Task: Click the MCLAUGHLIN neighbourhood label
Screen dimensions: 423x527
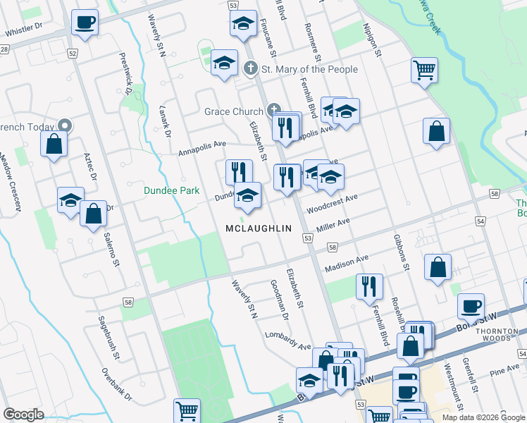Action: pos(259,228)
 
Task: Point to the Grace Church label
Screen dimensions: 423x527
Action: pos(233,111)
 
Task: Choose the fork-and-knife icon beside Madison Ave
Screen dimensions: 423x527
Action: pos(368,286)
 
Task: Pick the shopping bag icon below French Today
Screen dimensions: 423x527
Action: pos(54,145)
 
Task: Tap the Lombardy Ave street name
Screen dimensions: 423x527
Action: pos(288,341)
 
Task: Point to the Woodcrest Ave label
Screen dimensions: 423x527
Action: pos(332,205)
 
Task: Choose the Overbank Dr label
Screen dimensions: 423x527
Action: pos(117,385)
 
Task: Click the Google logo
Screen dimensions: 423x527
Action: pos(24,414)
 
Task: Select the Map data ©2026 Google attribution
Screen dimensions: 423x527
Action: pos(482,417)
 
